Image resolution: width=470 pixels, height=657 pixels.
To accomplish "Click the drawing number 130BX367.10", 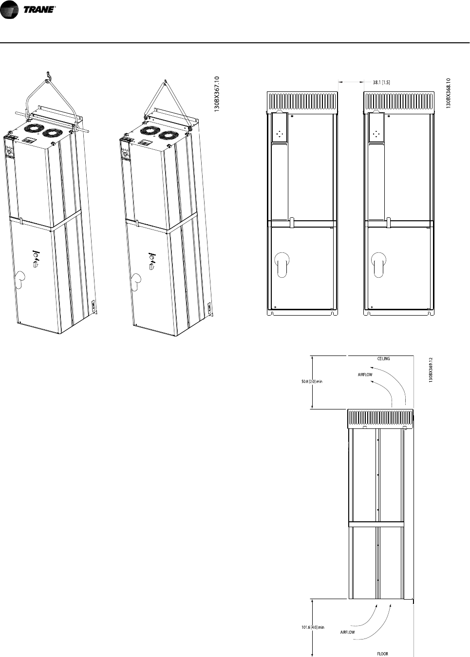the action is pos(217,94).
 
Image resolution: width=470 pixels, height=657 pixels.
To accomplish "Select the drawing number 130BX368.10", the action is pos(448,93).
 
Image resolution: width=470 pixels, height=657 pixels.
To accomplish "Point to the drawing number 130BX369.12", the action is pos(431,370).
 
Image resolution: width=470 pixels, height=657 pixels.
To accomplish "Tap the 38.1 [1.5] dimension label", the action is pos(381,82).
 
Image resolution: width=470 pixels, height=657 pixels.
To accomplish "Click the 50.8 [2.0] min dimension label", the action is pos(312,381).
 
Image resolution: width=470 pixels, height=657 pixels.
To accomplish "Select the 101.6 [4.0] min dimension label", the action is pos(313,625).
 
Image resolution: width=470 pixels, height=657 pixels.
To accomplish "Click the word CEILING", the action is pos(383,358).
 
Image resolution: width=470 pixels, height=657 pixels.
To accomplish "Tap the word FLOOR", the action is pos(382,654).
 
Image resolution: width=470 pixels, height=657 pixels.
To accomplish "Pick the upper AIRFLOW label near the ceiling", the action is pos(365,374).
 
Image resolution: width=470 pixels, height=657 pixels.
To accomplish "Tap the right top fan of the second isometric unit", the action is pos(168,136).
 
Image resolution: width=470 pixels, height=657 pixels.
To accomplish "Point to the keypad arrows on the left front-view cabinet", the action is pos(280,134).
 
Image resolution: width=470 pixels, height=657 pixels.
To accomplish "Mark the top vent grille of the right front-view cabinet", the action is pos(399,102).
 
